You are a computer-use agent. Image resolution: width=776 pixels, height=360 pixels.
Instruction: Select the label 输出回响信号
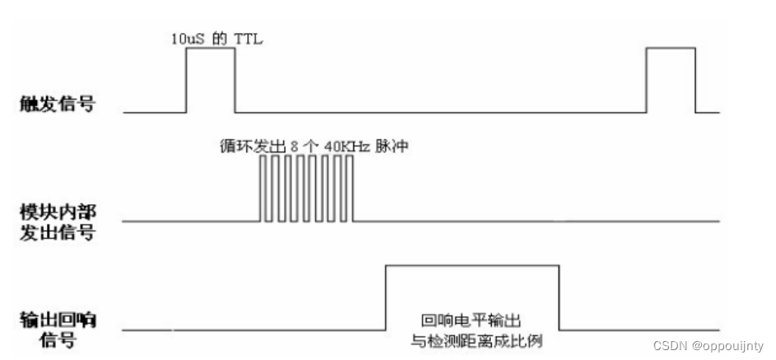point(53,328)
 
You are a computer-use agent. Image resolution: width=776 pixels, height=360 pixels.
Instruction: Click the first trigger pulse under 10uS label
point(210,79)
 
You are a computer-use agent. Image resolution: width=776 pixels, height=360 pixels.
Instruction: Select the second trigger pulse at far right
point(671,79)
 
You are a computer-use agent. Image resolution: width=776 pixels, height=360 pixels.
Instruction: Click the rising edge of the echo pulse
point(386,297)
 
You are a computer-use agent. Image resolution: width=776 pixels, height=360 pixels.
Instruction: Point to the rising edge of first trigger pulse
point(185,79)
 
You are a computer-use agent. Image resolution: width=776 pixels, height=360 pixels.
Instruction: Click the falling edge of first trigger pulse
point(236,79)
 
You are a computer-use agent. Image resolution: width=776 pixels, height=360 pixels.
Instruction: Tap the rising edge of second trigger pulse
point(646,79)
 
